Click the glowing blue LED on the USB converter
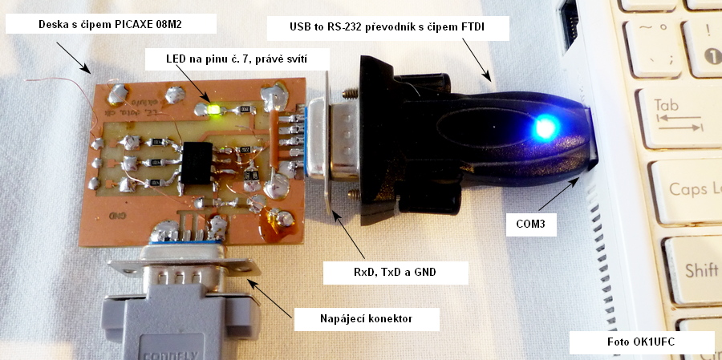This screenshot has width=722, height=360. (545, 127)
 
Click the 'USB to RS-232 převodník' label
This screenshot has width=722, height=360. (388, 30)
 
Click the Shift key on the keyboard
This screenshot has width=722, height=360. (698, 270)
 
